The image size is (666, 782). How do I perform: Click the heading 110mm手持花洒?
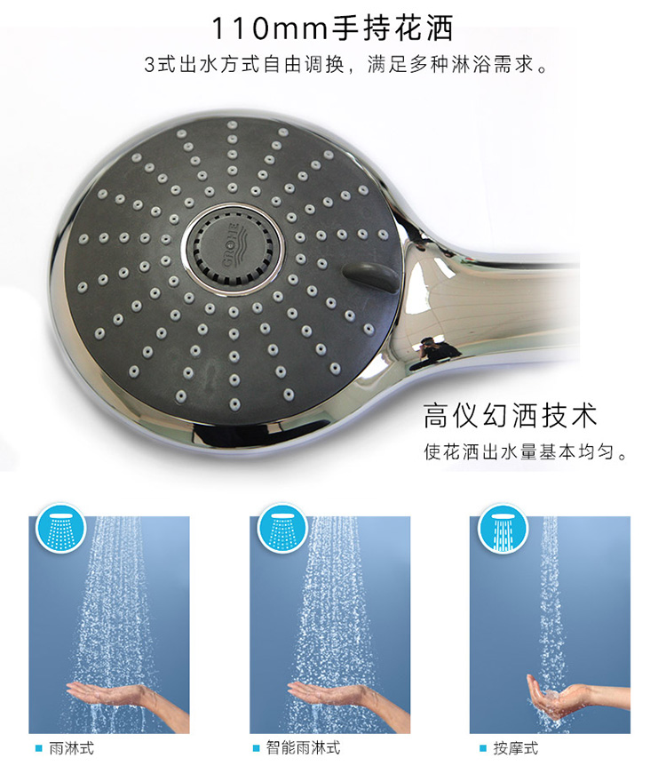click(332, 28)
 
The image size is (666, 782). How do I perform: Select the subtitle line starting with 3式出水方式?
click(345, 65)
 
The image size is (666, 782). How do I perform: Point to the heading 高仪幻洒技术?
click(510, 415)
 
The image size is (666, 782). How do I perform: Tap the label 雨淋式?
click(71, 748)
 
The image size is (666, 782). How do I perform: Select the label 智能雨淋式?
click(303, 748)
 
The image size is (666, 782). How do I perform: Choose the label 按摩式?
click(516, 748)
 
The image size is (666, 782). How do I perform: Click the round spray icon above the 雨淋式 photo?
click(60, 528)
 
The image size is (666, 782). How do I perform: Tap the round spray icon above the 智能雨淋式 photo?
click(282, 528)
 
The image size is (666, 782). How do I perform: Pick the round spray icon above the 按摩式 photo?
click(503, 528)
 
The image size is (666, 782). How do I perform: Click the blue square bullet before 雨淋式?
click(39, 748)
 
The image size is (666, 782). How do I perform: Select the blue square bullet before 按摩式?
click(483, 748)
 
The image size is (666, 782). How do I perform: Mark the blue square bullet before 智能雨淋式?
click(257, 748)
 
